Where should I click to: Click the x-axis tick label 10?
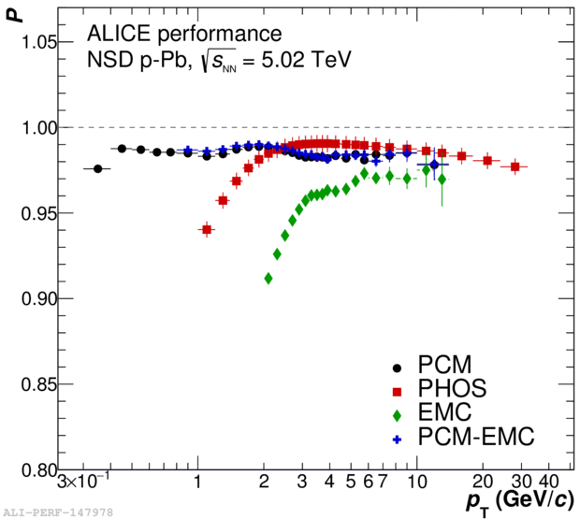pyautogui.click(x=416, y=483)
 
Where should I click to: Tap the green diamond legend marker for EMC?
pyautogui.click(x=396, y=412)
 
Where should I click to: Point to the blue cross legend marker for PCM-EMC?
pyautogui.click(x=396, y=437)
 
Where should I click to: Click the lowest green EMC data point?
pyautogui.click(x=268, y=278)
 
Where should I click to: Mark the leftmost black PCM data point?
pyautogui.click(x=98, y=168)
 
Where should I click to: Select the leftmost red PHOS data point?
pyautogui.click(x=207, y=229)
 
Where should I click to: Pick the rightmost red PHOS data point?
pyautogui.click(x=515, y=166)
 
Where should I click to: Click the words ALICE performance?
pyautogui.click(x=183, y=35)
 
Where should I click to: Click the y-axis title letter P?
pyautogui.click(x=11, y=13)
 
